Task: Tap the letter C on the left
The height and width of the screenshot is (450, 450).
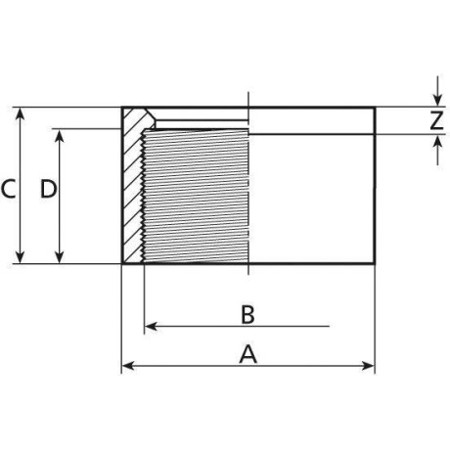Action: point(8,188)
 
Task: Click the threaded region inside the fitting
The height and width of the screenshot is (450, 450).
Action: point(196,196)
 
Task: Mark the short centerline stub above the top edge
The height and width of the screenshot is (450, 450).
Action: point(250,98)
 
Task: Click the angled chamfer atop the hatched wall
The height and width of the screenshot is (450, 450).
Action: point(147,117)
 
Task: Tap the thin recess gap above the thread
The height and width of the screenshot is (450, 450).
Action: point(201,123)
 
